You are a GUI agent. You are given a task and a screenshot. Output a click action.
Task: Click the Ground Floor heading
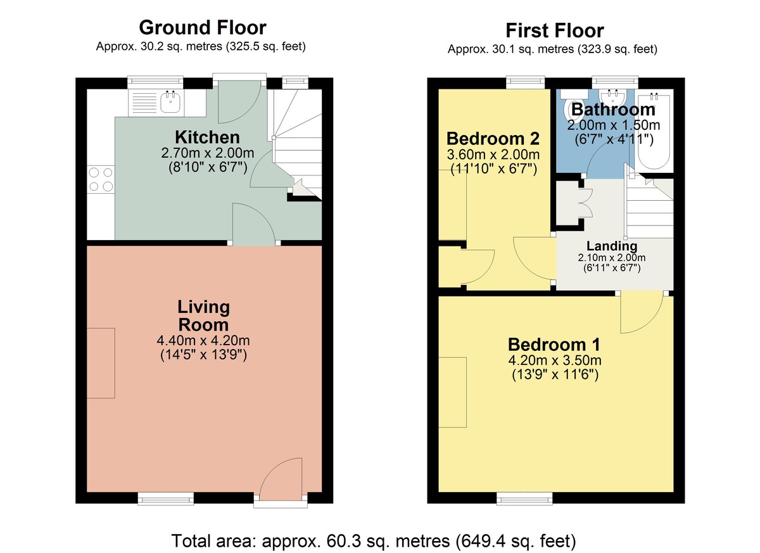tap(202, 28)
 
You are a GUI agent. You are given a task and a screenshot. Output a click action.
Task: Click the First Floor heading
tap(554, 30)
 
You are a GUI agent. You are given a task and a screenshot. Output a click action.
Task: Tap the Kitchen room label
tap(207, 137)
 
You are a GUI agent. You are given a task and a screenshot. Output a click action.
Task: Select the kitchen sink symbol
tap(169, 101)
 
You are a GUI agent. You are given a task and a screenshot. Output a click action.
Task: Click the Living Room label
tap(203, 316)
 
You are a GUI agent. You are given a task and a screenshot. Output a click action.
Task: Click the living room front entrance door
tap(282, 481)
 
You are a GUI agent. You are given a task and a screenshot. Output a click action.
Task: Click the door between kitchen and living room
tap(253, 225)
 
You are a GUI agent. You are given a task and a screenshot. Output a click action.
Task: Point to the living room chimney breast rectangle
tap(101, 363)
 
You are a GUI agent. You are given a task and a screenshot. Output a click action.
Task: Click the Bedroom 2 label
tap(493, 138)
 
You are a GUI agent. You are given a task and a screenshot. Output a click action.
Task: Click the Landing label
tap(611, 246)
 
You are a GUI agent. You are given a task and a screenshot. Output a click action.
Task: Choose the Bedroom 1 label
tap(554, 345)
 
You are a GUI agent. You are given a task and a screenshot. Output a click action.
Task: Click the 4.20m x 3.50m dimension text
tap(554, 360)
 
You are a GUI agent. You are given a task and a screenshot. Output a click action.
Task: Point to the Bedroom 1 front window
tap(524, 499)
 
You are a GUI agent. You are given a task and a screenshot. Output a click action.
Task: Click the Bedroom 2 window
tap(525, 82)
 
